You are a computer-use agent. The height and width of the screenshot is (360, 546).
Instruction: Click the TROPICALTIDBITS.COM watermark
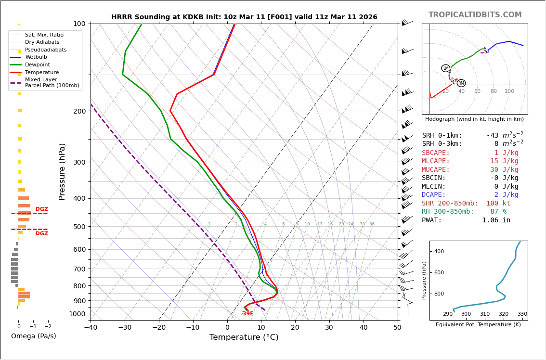475,15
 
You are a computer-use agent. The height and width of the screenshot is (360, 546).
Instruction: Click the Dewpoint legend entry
37,65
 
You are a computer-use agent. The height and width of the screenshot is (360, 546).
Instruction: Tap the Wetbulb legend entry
36,57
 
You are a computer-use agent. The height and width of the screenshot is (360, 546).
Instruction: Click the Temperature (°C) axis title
244,337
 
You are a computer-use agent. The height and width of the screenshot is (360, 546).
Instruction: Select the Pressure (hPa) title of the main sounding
63,172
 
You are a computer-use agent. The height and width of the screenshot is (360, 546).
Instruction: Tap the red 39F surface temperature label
247,314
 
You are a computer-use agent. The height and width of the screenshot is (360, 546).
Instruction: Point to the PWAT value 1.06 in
496,220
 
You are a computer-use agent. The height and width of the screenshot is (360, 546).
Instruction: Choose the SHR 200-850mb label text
450,204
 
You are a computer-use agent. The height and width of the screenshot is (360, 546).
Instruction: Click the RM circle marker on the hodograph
461,83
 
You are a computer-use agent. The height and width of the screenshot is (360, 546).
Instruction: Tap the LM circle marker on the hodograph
446,68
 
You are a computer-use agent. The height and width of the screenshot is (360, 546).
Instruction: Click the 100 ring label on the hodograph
509,91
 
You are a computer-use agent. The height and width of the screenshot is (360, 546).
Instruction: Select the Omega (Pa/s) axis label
33,336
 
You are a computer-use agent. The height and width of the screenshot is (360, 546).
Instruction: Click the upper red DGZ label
41,209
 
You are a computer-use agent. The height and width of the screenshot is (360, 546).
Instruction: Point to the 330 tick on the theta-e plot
522,314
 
